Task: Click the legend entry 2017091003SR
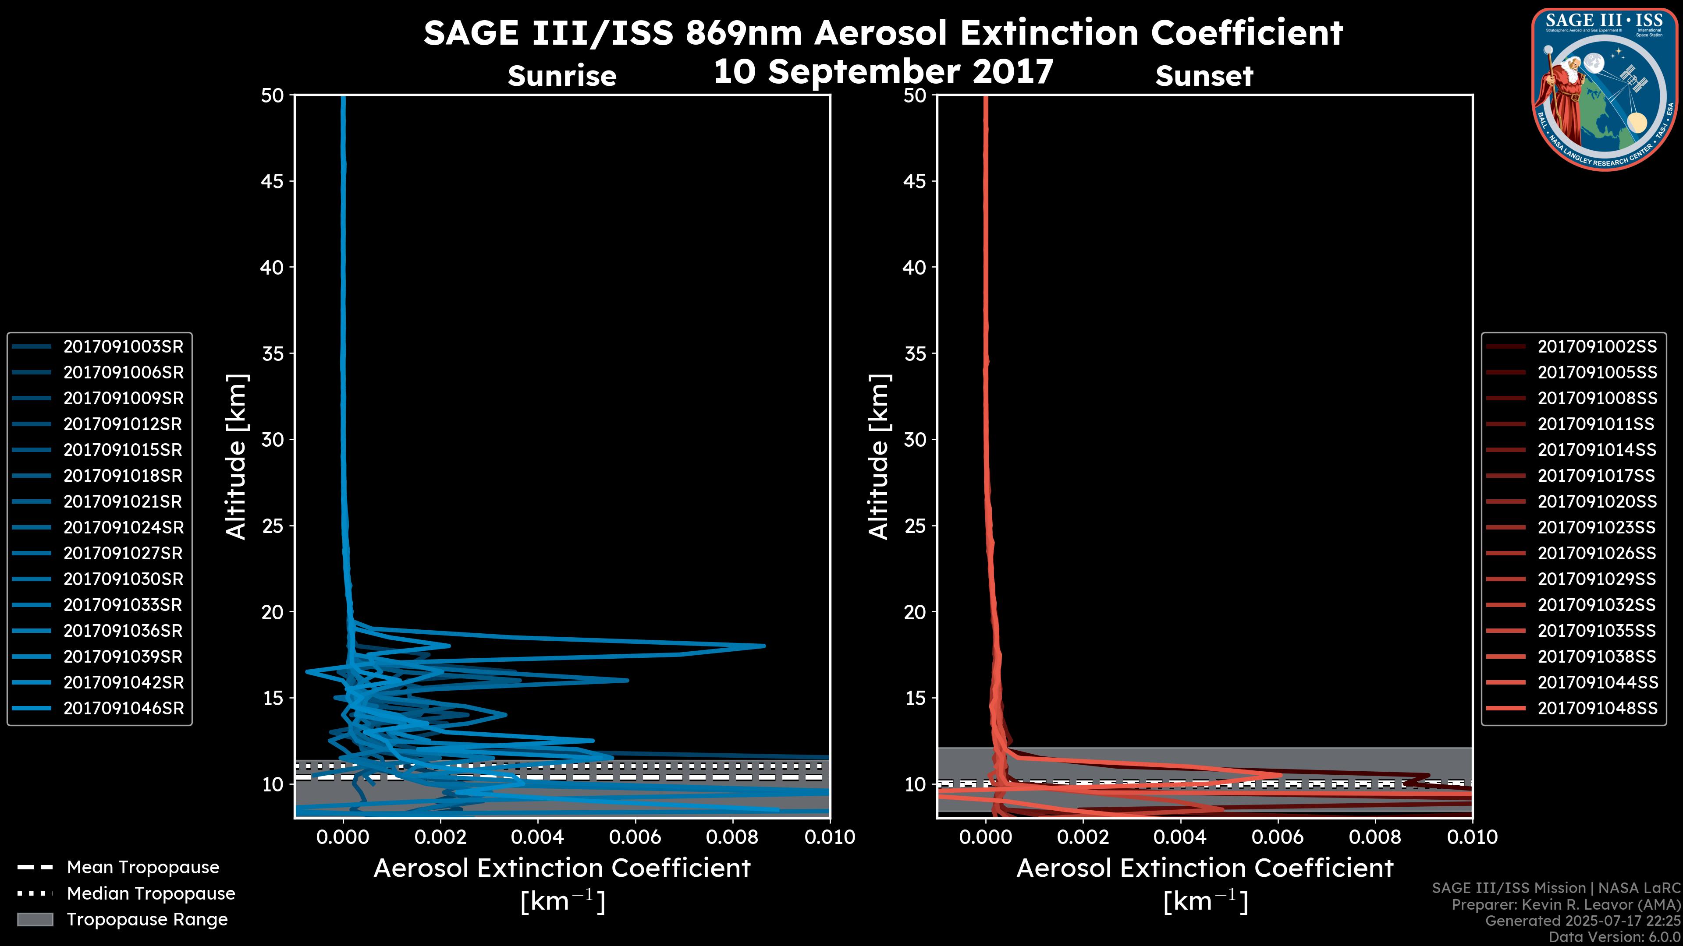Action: (123, 347)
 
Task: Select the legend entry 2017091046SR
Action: (123, 708)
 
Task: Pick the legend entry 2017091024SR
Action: (123, 527)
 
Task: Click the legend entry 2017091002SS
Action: (1597, 347)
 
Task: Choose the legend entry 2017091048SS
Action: (1597, 708)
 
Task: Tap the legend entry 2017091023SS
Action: (1597, 527)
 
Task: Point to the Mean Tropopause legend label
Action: (142, 868)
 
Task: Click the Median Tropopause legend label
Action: (150, 894)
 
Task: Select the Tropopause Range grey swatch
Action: (35, 919)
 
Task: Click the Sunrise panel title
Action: (562, 76)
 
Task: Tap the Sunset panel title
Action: (1204, 76)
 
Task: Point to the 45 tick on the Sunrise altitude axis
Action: (272, 181)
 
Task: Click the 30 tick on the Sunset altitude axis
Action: (915, 440)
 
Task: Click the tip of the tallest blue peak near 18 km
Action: (763, 646)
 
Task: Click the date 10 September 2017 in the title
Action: (883, 72)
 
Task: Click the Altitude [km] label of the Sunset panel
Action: (879, 457)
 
